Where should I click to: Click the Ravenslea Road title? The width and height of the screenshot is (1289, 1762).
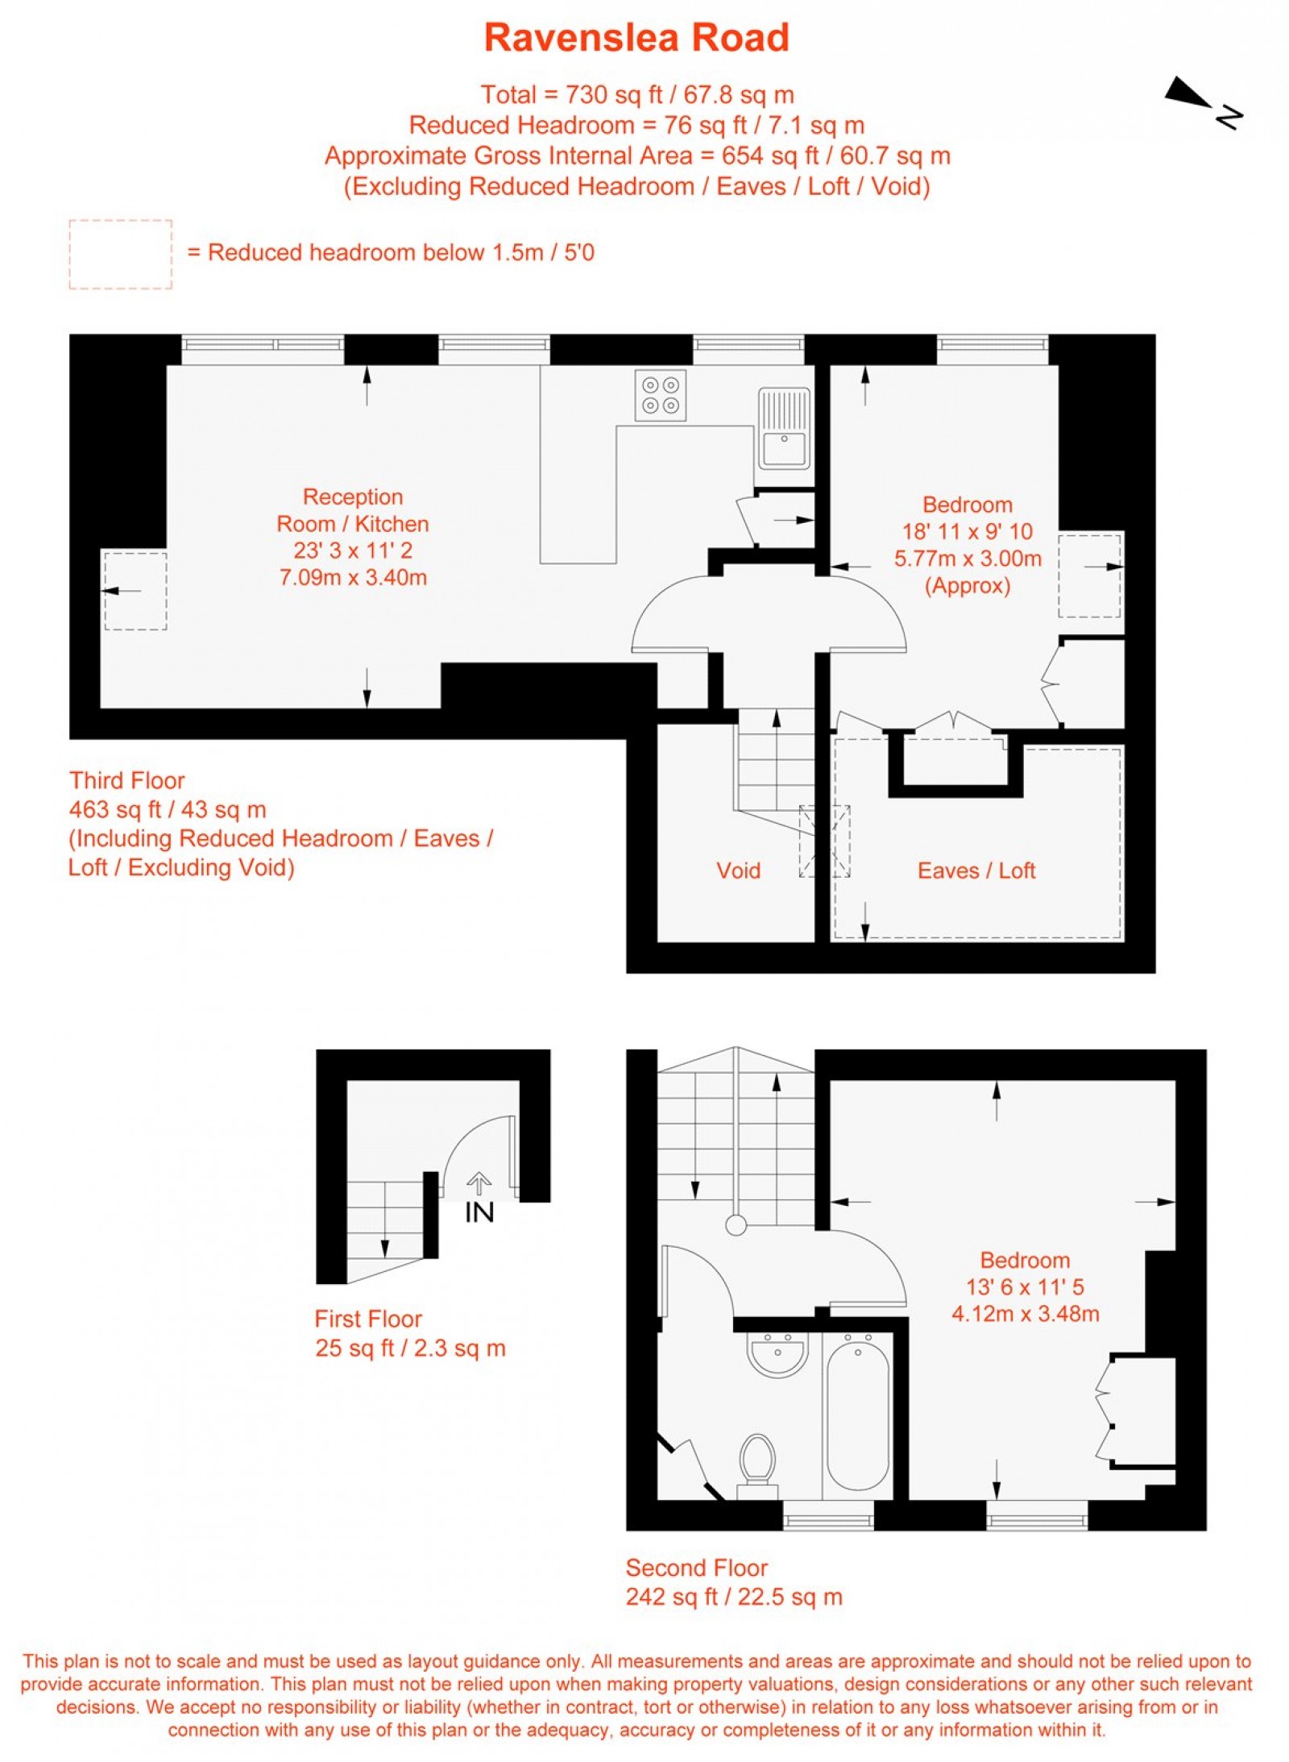tap(636, 38)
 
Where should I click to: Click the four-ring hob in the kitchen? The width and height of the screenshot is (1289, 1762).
tap(660, 395)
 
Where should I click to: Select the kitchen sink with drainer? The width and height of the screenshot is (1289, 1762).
tap(783, 427)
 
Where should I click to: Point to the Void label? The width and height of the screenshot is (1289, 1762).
tap(738, 870)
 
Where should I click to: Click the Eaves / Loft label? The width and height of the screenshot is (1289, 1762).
tap(976, 870)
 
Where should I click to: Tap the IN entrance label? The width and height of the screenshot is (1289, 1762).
tap(479, 1212)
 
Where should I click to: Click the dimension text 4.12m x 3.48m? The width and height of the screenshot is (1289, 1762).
tap(1025, 1314)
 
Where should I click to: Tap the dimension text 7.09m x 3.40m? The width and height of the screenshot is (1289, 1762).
tap(352, 577)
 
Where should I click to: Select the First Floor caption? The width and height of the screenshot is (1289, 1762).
tap(368, 1319)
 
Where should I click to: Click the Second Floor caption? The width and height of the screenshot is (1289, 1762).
tap(696, 1568)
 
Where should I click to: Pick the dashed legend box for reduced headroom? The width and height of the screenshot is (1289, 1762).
tap(120, 254)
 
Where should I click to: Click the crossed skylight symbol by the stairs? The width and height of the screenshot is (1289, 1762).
tap(824, 841)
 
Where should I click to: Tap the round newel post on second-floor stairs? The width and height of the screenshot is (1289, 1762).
tap(736, 1226)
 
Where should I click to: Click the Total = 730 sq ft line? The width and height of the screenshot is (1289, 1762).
tap(636, 95)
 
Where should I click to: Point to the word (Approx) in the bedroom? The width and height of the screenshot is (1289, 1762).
tap(967, 585)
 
